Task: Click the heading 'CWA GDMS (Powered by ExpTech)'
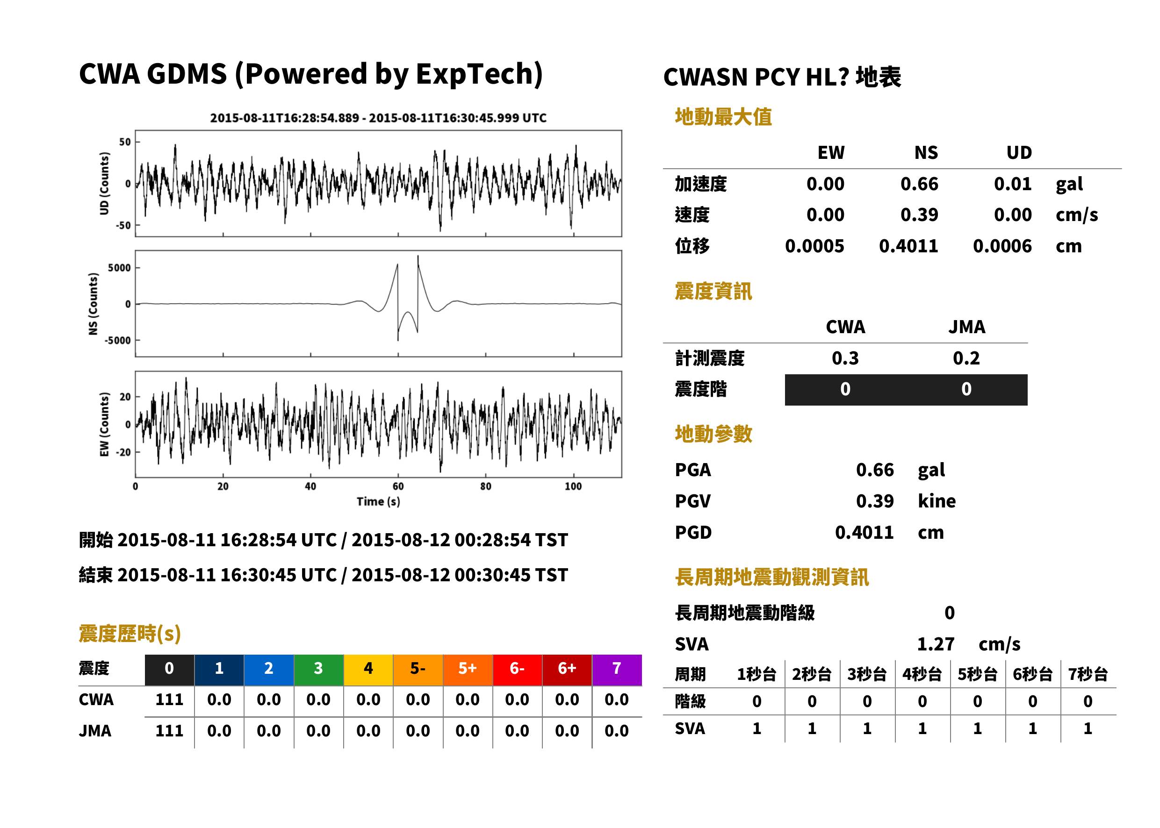[x=310, y=74]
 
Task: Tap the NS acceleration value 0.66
[x=919, y=184]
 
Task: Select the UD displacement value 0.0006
[x=1002, y=246]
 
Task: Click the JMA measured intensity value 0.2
[x=966, y=358]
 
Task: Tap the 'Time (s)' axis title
[x=378, y=502]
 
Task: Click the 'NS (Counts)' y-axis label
[x=93, y=304]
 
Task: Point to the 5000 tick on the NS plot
[x=119, y=268]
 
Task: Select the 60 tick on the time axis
[x=398, y=486]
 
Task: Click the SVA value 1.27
[x=936, y=644]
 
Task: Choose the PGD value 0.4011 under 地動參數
[x=864, y=533]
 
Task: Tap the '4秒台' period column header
[x=922, y=675]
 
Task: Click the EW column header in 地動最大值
[x=830, y=153]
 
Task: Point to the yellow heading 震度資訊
[x=713, y=292]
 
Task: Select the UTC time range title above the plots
[x=378, y=118]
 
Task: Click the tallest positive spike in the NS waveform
[x=418, y=257]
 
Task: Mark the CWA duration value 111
[x=169, y=700]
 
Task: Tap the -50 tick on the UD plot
[x=123, y=225]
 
